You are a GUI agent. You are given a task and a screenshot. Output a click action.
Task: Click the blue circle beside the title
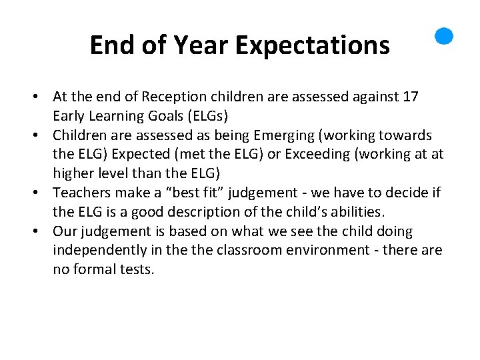coord(444,36)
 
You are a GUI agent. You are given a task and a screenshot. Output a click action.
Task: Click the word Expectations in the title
coord(313,45)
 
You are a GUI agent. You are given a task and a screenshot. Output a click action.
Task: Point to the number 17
coord(411,97)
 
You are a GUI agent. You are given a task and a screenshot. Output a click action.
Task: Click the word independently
coord(95,251)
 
